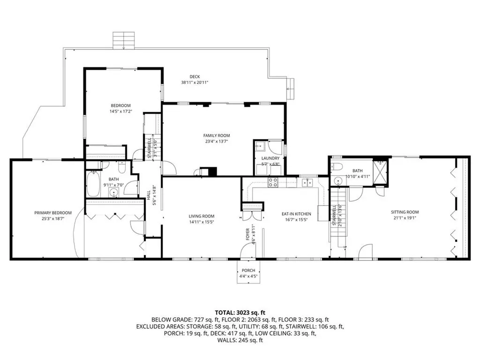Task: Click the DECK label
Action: (x=195, y=76)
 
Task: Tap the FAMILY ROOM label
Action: (x=217, y=135)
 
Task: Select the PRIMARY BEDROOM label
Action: (x=53, y=213)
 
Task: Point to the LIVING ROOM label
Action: (x=202, y=216)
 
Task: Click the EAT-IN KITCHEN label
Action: (x=296, y=214)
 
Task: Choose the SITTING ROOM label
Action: (x=405, y=212)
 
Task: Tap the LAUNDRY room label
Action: (x=270, y=158)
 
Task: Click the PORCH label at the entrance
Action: (x=248, y=270)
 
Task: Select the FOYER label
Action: (x=247, y=234)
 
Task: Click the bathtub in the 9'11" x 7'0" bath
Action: (x=93, y=184)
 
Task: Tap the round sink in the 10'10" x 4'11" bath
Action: (x=338, y=180)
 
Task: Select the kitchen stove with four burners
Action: (x=273, y=182)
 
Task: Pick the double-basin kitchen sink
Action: (x=307, y=182)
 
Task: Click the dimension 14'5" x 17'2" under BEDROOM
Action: (x=120, y=112)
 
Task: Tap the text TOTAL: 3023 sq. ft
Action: (x=240, y=313)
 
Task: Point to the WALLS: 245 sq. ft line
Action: (x=240, y=340)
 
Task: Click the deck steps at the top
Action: (x=124, y=40)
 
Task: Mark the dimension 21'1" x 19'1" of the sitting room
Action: (x=405, y=218)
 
